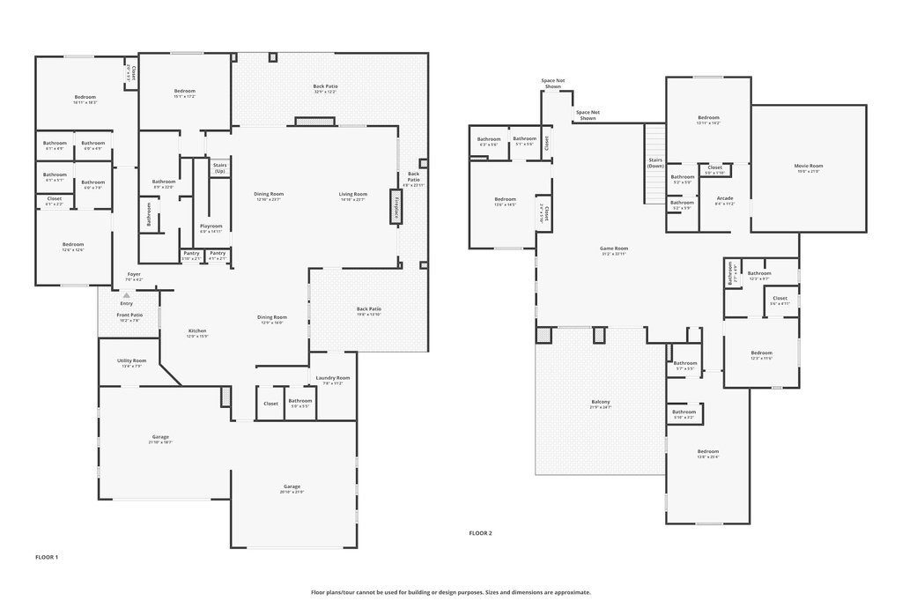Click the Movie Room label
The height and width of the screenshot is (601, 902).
(x=808, y=166)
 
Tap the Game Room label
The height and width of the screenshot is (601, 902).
(x=614, y=249)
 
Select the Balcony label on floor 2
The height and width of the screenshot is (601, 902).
(x=600, y=403)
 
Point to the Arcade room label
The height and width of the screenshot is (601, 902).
(x=724, y=198)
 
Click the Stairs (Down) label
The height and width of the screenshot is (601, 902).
(x=655, y=162)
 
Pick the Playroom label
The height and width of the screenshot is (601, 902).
(x=211, y=226)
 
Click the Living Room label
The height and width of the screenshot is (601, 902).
(x=353, y=194)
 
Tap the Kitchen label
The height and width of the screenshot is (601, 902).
(x=197, y=331)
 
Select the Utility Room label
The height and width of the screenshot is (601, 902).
(x=132, y=360)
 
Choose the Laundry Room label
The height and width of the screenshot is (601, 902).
(x=333, y=378)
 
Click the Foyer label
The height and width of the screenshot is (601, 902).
(x=134, y=274)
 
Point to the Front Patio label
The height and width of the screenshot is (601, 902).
(x=130, y=315)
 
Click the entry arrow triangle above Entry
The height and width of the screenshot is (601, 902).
(x=126, y=295)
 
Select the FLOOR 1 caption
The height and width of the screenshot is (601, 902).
(x=47, y=557)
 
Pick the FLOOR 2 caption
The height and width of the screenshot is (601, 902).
(x=480, y=533)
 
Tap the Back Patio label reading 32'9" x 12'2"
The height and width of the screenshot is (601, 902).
(x=325, y=86)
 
